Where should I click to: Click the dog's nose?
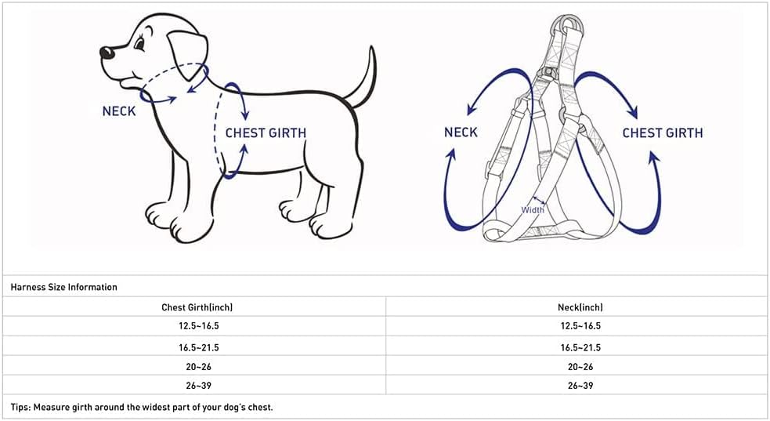tap(106, 53)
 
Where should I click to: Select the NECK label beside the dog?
tap(119, 111)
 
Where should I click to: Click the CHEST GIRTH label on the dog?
tap(266, 132)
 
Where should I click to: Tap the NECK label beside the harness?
tap(461, 132)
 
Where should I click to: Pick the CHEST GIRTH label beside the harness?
tap(663, 132)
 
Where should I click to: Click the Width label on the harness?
tap(533, 209)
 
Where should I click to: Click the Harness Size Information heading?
tap(64, 287)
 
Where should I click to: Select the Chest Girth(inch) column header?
tap(197, 307)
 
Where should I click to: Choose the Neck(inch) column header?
tap(580, 307)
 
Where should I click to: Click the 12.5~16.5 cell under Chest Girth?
tap(197, 326)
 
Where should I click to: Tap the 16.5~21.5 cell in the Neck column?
tap(580, 347)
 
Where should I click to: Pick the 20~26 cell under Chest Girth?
tap(197, 366)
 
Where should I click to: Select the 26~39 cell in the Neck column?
tap(580, 386)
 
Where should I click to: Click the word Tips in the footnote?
tap(21, 407)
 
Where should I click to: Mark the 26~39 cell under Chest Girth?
tap(197, 386)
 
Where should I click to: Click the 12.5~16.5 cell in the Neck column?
tap(580, 326)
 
